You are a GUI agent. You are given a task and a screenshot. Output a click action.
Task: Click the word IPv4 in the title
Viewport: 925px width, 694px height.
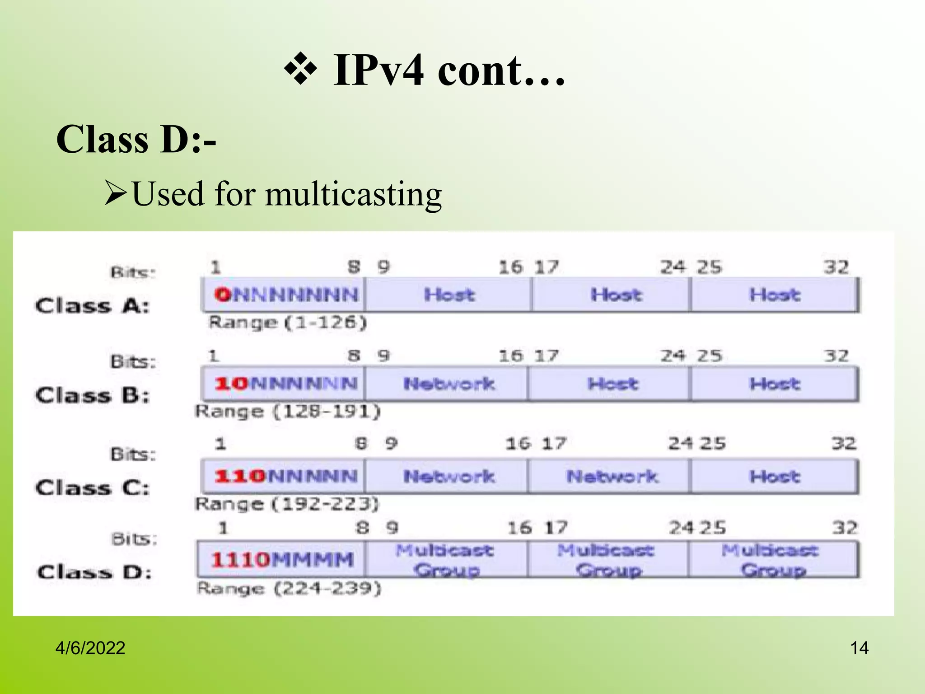pos(378,70)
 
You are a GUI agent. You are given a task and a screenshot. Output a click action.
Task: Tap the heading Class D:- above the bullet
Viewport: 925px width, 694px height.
pos(136,140)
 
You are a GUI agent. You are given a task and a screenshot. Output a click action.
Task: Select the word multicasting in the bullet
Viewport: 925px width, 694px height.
pos(353,194)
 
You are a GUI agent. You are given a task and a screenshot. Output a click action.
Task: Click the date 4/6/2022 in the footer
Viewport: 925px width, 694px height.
pos(90,648)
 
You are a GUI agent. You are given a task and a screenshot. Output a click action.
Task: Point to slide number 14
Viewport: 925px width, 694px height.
pos(859,648)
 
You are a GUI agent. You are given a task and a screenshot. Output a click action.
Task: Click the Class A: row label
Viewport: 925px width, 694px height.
pos(92,306)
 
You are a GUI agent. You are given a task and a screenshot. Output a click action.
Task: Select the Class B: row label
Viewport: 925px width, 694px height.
pos(92,396)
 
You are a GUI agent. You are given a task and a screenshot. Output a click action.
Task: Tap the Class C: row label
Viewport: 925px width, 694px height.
pos(92,488)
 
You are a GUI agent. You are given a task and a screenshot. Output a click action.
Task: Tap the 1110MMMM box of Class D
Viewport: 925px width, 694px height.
pos(282,560)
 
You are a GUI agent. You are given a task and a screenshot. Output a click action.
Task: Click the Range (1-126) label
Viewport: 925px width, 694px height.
pos(288,323)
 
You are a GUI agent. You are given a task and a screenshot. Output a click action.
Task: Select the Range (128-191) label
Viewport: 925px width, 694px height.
pos(288,412)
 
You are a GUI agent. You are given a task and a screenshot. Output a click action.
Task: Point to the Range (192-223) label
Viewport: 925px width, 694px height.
pos(287,504)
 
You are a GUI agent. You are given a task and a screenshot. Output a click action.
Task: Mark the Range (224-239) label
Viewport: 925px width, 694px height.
pos(289,588)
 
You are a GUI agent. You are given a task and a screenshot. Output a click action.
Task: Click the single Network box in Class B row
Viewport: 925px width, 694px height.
pos(448,384)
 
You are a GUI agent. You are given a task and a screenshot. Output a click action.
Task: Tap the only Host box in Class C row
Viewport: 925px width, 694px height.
pos(774,476)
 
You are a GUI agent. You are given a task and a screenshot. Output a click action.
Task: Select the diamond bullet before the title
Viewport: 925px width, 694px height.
pos(300,70)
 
